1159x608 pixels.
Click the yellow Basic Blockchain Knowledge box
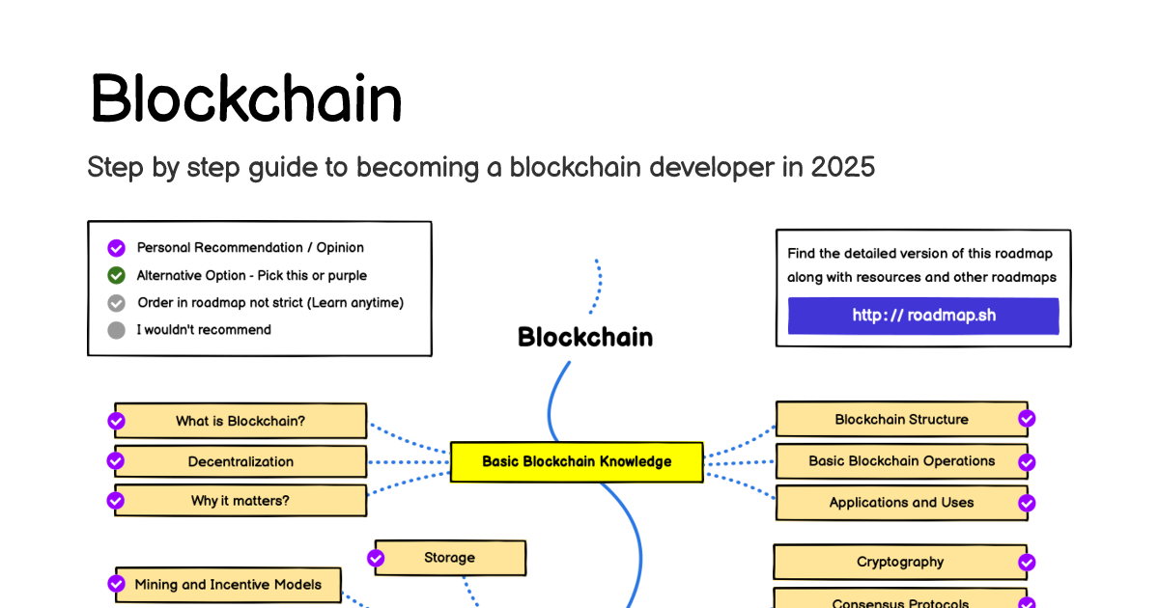[x=577, y=461]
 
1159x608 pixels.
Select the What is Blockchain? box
[x=240, y=421]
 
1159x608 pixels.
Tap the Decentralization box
[x=240, y=461]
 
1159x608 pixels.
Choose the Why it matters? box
[x=240, y=501]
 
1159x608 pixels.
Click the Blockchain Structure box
[x=901, y=419]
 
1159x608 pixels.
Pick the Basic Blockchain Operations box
[x=901, y=460]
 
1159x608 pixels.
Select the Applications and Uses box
[x=901, y=503]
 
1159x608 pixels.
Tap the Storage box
[x=450, y=558]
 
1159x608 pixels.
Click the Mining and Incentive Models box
[x=228, y=585]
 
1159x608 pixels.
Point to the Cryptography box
[x=900, y=562]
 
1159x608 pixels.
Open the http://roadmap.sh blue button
[x=923, y=316]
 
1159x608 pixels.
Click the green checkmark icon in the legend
[x=117, y=276]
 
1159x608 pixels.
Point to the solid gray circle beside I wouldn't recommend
[x=117, y=330]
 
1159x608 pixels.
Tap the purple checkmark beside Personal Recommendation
[x=117, y=248]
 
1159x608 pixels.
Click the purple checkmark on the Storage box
[x=376, y=559]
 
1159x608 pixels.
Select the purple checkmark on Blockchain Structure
[x=1027, y=418]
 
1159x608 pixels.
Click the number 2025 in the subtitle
[x=843, y=167]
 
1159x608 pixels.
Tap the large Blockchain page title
[x=246, y=97]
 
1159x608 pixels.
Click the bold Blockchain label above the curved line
[x=585, y=337]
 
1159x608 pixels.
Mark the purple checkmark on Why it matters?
[x=115, y=501]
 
